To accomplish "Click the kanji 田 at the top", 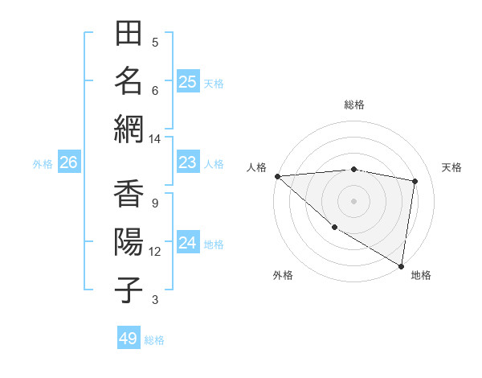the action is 129,34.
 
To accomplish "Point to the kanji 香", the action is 129,195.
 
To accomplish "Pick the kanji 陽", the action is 129,242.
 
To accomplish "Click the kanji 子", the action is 129,289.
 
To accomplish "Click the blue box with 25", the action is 187,81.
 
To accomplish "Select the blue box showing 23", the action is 187,162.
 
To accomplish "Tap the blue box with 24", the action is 187,243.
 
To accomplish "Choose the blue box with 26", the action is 68,162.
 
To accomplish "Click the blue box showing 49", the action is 128,339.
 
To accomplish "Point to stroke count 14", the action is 154,139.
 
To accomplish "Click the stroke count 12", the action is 155,252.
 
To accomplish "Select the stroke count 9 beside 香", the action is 154,203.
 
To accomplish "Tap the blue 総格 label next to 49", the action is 154,340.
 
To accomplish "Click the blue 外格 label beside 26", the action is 43,164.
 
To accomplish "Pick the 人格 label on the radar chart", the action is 256,167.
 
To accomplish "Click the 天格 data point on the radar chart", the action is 415,181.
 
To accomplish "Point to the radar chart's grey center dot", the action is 353,200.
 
